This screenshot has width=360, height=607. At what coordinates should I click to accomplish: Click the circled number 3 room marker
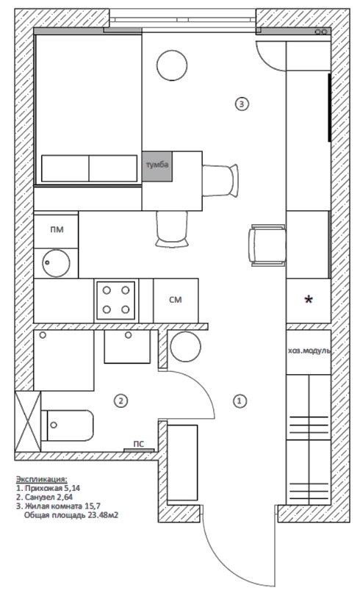[x=242, y=104]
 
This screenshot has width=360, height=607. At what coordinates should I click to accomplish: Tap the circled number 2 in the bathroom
[x=120, y=401]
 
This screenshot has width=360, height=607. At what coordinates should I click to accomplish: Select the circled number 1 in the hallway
[x=240, y=401]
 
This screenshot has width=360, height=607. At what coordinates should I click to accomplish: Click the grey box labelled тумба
[x=157, y=165]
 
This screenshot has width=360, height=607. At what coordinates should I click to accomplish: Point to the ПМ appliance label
[x=57, y=230]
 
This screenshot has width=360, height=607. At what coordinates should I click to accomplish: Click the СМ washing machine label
[x=176, y=300]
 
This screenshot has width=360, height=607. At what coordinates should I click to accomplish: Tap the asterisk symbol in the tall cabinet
[x=309, y=300]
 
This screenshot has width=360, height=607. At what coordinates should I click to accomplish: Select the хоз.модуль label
[x=309, y=351]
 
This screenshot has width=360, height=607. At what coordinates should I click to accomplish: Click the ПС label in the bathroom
[x=138, y=444]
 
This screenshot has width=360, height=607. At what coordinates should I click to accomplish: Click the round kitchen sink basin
[x=56, y=263]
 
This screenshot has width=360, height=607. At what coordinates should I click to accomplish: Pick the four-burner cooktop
[x=116, y=301]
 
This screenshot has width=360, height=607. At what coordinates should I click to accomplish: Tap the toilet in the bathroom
[x=68, y=425]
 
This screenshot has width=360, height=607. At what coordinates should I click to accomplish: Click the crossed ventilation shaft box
[x=27, y=421]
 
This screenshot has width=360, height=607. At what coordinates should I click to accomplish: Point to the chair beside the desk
[x=268, y=245]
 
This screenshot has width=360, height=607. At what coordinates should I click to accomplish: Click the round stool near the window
[x=172, y=66]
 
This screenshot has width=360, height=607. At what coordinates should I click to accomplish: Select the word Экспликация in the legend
[x=41, y=479]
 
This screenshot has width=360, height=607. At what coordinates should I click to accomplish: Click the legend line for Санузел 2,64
[x=45, y=497]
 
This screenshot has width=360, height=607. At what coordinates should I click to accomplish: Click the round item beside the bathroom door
[x=186, y=347]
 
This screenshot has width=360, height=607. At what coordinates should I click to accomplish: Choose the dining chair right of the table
[x=220, y=180]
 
